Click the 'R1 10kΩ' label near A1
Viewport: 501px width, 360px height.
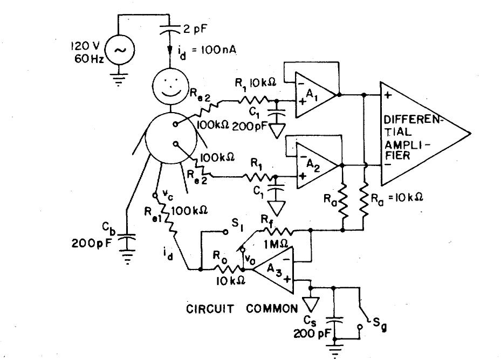tap(255, 82)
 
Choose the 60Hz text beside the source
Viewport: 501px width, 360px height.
tap(82, 58)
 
